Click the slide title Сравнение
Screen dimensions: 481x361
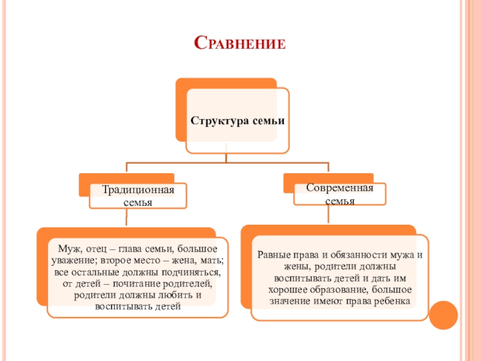[x=240, y=43]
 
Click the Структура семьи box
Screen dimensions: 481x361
[x=237, y=121]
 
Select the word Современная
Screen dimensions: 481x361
[x=340, y=188]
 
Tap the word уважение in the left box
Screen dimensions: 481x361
[x=73, y=260]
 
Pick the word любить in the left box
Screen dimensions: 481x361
[x=176, y=295]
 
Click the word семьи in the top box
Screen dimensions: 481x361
[x=270, y=121]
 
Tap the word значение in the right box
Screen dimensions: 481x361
[x=289, y=301]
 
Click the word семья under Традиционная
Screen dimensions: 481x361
[x=138, y=203]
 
